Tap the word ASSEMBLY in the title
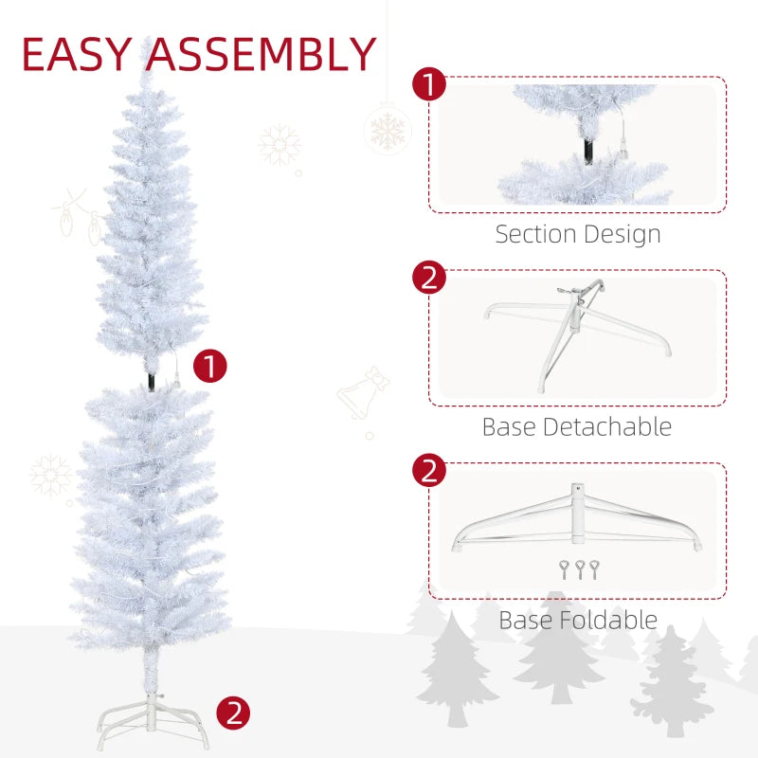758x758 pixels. [x=262, y=54]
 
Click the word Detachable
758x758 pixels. [x=610, y=426]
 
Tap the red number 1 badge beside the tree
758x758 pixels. [x=210, y=365]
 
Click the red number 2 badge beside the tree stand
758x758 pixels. [x=234, y=713]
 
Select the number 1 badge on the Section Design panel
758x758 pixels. [x=429, y=84]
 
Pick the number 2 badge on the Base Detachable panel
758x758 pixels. [x=429, y=278]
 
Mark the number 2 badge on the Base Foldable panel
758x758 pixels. [x=429, y=471]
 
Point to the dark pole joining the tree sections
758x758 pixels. [x=151, y=379]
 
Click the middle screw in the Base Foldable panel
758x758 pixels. [x=580, y=568]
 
